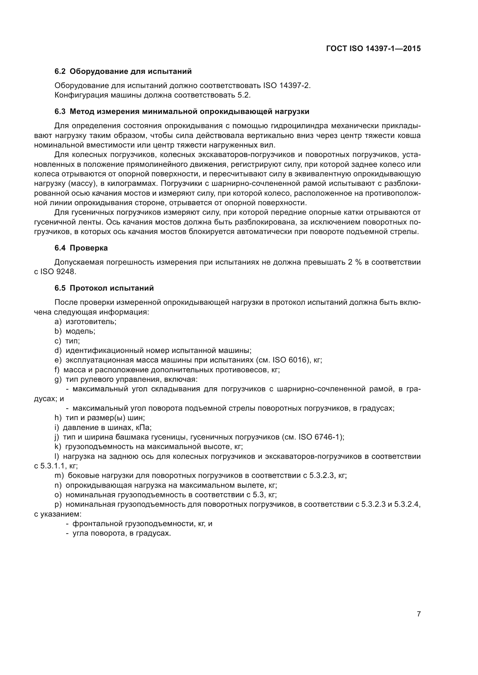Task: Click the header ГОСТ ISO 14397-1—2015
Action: tap(373, 48)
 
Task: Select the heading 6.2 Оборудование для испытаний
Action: tap(123, 71)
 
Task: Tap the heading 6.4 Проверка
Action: tap(81, 248)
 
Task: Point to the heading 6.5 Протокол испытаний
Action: tap(104, 288)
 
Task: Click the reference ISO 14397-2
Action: tap(287, 85)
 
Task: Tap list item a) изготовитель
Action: tap(86, 321)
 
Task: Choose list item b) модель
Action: tap(75, 331)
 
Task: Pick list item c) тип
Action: tap(67, 341)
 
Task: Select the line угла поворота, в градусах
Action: tap(122, 533)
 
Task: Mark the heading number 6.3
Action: tap(60, 111)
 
